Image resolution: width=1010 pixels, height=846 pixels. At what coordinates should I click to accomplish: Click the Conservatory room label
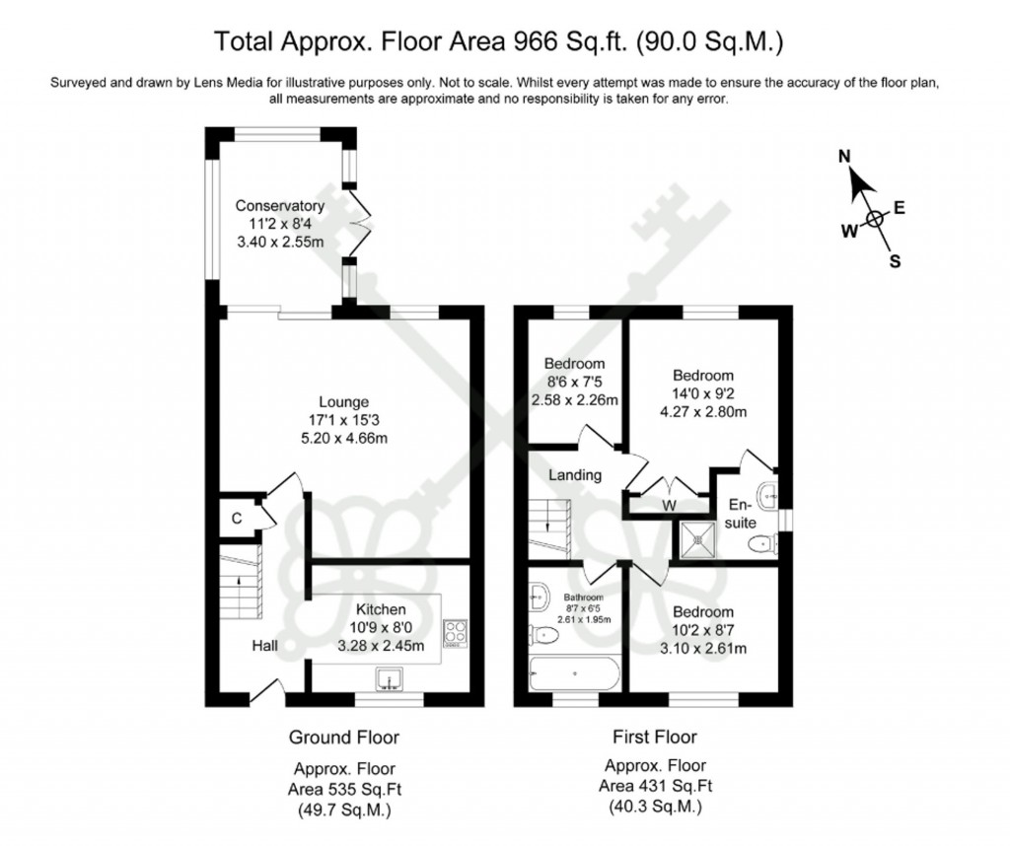[279, 206]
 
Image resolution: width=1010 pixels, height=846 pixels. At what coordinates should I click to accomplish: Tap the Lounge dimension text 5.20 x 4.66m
[343, 438]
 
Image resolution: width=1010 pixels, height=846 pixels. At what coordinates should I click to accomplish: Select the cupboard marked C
[237, 518]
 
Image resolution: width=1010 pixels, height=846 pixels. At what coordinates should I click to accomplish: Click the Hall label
[263, 646]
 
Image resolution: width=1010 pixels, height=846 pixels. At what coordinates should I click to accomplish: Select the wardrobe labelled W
[669, 504]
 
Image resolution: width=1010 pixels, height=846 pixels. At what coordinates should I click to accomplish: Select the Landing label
[575, 474]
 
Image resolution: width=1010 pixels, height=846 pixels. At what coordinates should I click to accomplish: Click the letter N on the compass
[844, 157]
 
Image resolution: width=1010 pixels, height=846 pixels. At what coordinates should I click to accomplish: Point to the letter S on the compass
[895, 260]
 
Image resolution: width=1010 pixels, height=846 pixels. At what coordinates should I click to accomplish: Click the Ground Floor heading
[343, 737]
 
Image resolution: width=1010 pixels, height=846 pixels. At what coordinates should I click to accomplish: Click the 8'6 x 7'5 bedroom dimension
[574, 382]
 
